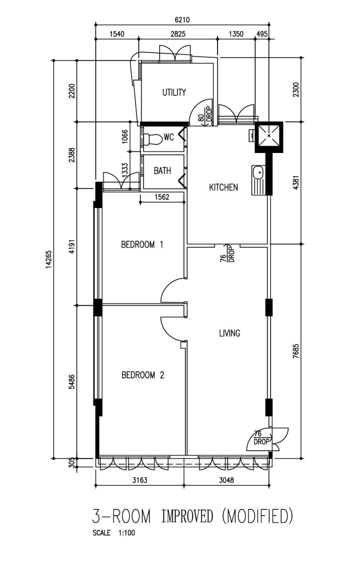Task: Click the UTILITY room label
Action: (x=174, y=92)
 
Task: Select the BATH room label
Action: (x=162, y=171)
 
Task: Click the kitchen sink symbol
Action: (x=259, y=180)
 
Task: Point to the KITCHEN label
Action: (x=223, y=187)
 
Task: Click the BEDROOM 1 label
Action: (x=142, y=245)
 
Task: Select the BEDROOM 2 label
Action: (x=143, y=375)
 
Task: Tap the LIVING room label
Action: (x=229, y=333)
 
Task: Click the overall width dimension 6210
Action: (x=182, y=20)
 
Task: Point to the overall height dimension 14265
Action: (x=49, y=259)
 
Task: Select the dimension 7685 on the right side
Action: (x=296, y=351)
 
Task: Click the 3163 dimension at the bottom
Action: (x=140, y=480)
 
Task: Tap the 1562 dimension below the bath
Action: (x=162, y=197)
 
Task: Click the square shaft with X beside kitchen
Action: (x=269, y=135)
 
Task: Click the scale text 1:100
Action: (x=127, y=533)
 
